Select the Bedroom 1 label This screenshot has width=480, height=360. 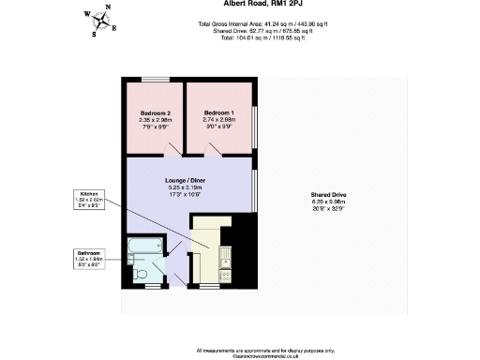pos(219,112)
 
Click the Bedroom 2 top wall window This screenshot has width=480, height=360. pos(156,79)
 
